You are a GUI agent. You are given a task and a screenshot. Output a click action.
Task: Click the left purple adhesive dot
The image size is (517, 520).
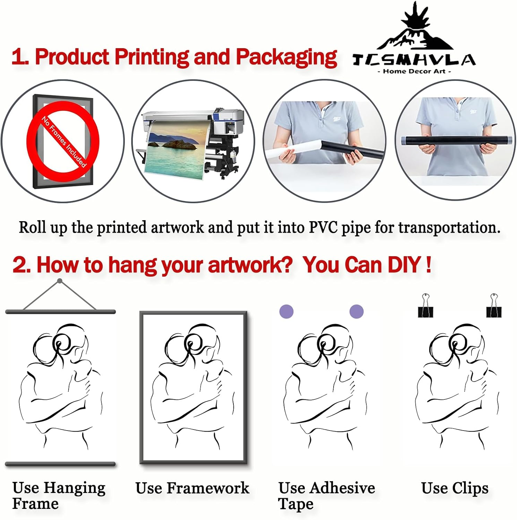click(x=286, y=311)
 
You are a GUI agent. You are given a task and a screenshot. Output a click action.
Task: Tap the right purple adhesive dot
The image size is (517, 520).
click(x=356, y=311)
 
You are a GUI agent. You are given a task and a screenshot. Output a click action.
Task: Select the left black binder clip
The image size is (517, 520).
click(x=425, y=305)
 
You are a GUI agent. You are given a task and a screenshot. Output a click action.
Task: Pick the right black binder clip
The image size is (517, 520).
click(x=494, y=305)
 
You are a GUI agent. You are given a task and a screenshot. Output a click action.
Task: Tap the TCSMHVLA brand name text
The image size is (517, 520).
click(x=414, y=60)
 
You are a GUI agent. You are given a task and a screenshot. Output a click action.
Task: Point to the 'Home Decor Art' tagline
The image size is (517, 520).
click(x=414, y=71)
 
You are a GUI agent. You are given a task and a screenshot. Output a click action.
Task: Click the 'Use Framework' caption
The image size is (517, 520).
click(x=192, y=488)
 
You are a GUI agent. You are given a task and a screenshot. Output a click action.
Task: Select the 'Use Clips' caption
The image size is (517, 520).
click(x=455, y=488)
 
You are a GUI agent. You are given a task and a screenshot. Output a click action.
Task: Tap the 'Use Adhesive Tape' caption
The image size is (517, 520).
click(x=326, y=496)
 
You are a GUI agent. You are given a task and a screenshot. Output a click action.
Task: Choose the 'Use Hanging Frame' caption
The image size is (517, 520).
click(x=59, y=496)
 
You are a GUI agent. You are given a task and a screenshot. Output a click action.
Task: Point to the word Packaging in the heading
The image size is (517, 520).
click(x=286, y=57)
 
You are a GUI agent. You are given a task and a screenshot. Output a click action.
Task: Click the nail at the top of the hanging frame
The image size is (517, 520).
click(x=60, y=281)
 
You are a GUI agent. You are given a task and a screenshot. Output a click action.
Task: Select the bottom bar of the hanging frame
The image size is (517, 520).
click(x=60, y=464)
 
